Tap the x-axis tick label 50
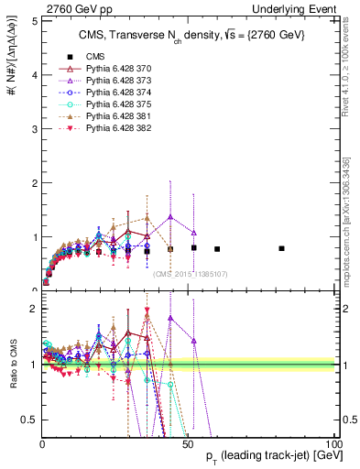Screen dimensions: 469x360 (188, 442)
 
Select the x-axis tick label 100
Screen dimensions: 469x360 (332, 442)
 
